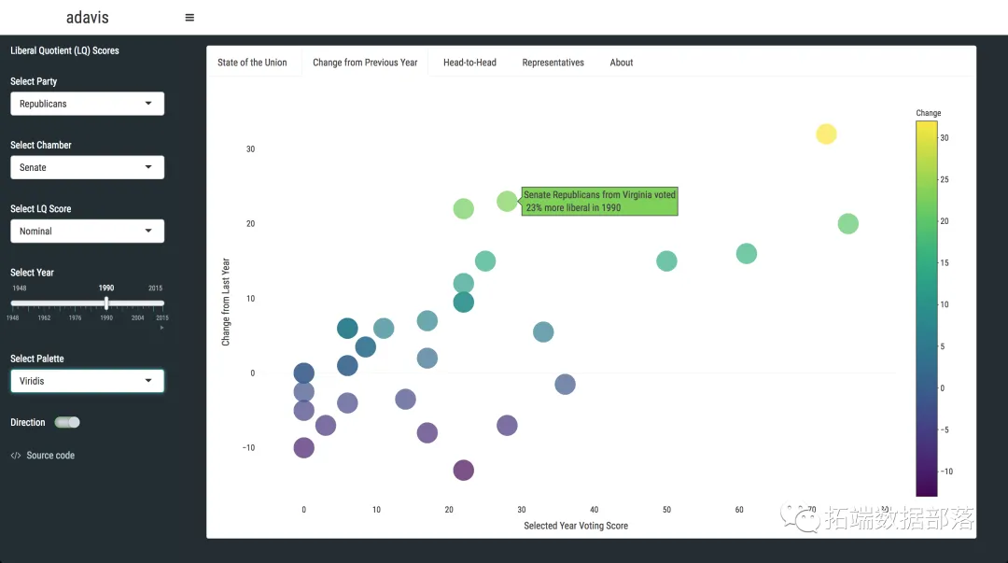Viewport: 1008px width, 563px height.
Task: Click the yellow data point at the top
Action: click(x=826, y=134)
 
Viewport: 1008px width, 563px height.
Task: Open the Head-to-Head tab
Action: click(x=469, y=63)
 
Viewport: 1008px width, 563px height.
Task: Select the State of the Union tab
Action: click(x=252, y=63)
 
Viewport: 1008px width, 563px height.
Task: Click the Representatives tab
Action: click(x=553, y=63)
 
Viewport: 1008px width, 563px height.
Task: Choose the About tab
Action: click(x=622, y=63)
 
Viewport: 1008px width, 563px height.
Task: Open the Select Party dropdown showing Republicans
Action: click(x=87, y=104)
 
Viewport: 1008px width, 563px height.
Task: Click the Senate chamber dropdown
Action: click(x=87, y=167)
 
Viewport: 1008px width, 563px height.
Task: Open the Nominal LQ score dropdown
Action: click(x=87, y=231)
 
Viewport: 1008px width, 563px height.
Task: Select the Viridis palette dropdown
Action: click(x=87, y=381)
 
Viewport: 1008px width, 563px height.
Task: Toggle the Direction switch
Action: click(x=67, y=422)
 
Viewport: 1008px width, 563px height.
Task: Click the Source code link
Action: click(x=50, y=456)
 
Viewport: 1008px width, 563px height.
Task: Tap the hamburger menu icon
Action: click(x=189, y=17)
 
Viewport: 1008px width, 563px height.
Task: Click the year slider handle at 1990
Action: click(x=106, y=303)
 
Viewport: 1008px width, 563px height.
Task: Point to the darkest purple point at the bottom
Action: click(x=463, y=471)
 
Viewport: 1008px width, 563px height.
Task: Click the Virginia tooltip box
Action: click(x=599, y=201)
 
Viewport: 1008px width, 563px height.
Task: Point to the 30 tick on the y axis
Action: click(x=250, y=149)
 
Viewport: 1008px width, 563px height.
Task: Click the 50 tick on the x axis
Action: click(x=666, y=510)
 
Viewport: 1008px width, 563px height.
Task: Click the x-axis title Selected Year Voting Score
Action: click(x=576, y=526)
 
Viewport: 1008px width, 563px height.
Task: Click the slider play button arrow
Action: click(x=161, y=328)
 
